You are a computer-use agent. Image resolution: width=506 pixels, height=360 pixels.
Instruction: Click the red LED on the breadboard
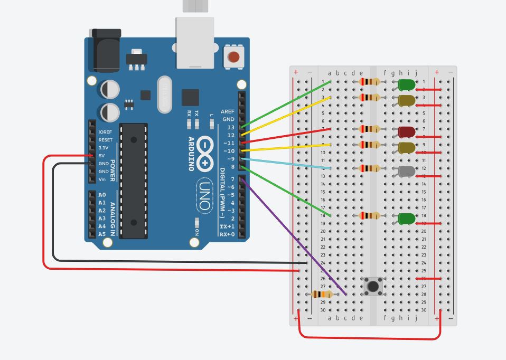click(407, 131)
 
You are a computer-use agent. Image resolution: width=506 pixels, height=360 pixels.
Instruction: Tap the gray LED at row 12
click(407, 170)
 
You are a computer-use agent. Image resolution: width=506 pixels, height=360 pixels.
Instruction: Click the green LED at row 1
click(406, 84)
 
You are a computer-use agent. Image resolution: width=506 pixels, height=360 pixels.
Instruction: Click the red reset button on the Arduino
click(233, 56)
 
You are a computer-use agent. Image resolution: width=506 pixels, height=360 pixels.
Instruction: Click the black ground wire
click(158, 261)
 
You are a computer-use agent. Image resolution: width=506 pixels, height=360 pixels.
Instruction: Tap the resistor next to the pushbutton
click(322, 295)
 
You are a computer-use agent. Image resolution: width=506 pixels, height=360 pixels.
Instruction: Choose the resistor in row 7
click(369, 129)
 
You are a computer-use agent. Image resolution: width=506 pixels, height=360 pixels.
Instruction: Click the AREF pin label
click(228, 112)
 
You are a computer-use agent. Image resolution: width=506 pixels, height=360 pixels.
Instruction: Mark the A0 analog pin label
click(102, 195)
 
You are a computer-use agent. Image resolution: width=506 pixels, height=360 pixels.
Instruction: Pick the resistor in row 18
click(369, 216)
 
